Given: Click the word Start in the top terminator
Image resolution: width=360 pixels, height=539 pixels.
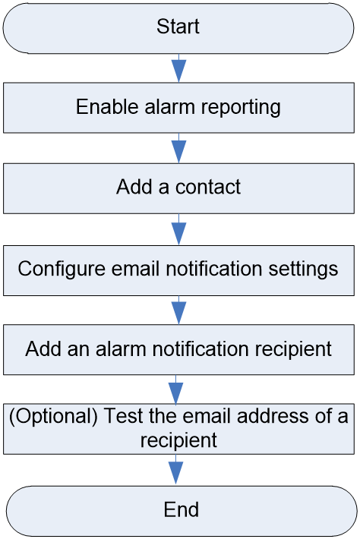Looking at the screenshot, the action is (178, 27).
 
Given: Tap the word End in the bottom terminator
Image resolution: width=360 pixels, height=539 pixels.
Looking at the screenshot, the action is (182, 509).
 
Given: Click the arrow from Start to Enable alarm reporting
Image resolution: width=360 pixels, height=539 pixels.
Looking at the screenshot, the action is (178, 68).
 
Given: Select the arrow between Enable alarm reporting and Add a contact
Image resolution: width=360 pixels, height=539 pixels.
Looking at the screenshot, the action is (178, 148).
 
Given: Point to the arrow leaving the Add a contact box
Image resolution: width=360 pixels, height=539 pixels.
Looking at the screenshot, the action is (178, 229).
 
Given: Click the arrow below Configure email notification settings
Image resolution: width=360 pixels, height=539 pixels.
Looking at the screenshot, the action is (178, 310).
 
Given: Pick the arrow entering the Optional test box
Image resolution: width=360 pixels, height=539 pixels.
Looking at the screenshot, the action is (176, 389).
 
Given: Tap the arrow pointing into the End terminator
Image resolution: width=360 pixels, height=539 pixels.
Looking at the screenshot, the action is (176, 470).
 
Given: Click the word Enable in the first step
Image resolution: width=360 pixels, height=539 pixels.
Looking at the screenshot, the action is (107, 107).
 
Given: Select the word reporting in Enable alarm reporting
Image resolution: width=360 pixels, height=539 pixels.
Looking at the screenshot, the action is (241, 108).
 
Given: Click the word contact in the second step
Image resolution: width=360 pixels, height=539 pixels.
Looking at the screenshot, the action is (207, 188).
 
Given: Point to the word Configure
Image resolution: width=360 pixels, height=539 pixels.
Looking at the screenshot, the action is (62, 269).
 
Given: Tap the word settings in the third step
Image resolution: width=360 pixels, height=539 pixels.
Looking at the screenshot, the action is (303, 269).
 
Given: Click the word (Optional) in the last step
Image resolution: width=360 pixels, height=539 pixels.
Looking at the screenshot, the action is (53, 416).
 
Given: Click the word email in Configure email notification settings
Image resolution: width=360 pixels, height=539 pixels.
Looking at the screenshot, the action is (136, 269).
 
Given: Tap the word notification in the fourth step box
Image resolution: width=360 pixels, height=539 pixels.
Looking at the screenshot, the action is (201, 349).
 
